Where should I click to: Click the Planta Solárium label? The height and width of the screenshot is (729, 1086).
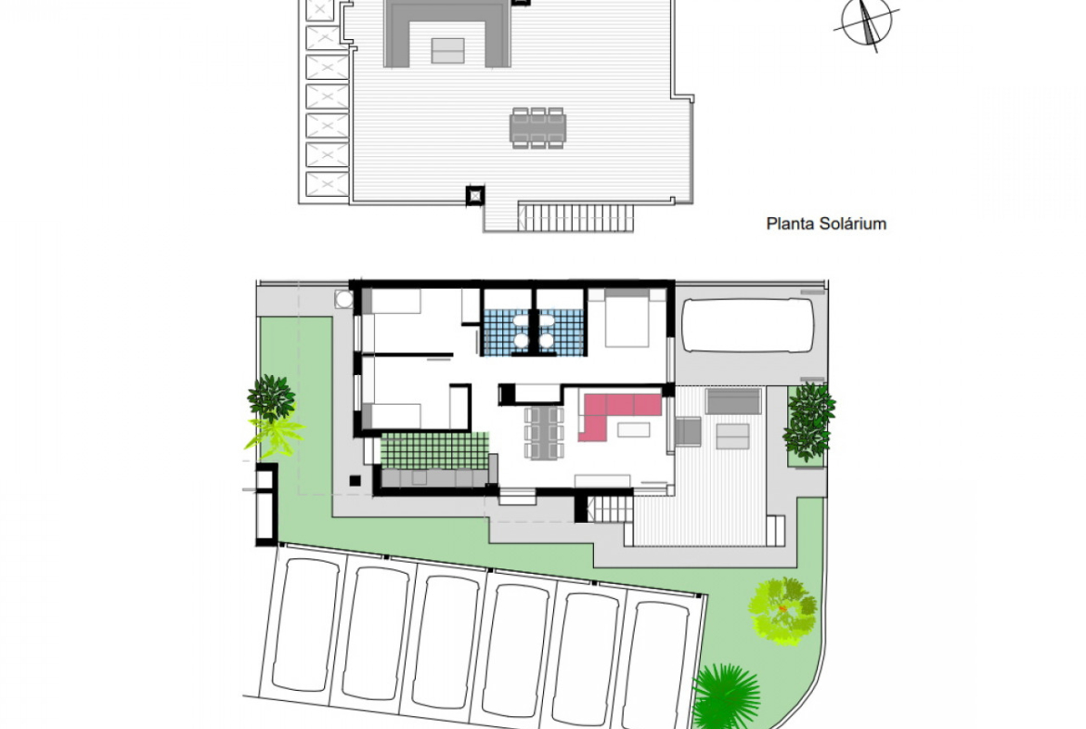pyautogui.click(x=826, y=224)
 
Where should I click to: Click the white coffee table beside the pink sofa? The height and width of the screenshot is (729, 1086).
pyautogui.click(x=634, y=430)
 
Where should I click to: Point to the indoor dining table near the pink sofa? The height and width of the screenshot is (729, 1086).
pyautogui.click(x=544, y=433)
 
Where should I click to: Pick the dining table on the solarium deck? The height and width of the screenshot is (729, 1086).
pyautogui.click(x=538, y=128)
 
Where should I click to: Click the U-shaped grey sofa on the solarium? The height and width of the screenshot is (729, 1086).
pyautogui.click(x=447, y=33)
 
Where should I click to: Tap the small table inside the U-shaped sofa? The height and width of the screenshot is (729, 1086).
pyautogui.click(x=448, y=50)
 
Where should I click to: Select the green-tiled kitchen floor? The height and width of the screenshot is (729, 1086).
pyautogui.click(x=434, y=449)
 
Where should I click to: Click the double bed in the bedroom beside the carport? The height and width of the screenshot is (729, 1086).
pyautogui.click(x=627, y=319)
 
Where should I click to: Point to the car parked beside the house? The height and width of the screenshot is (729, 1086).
pyautogui.click(x=747, y=326)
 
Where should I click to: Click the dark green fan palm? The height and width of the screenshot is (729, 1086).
pyautogui.click(x=726, y=696)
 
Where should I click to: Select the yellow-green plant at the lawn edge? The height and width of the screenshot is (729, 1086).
pyautogui.click(x=276, y=436)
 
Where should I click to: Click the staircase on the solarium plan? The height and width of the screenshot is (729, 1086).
pyautogui.click(x=576, y=217)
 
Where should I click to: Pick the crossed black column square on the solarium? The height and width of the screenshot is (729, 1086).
pyautogui.click(x=474, y=196)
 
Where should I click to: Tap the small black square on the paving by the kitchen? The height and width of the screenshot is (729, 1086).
pyautogui.click(x=355, y=480)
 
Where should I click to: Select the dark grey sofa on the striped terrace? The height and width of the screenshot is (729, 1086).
pyautogui.click(x=732, y=402)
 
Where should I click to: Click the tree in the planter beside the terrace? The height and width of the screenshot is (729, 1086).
pyautogui.click(x=809, y=422)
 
